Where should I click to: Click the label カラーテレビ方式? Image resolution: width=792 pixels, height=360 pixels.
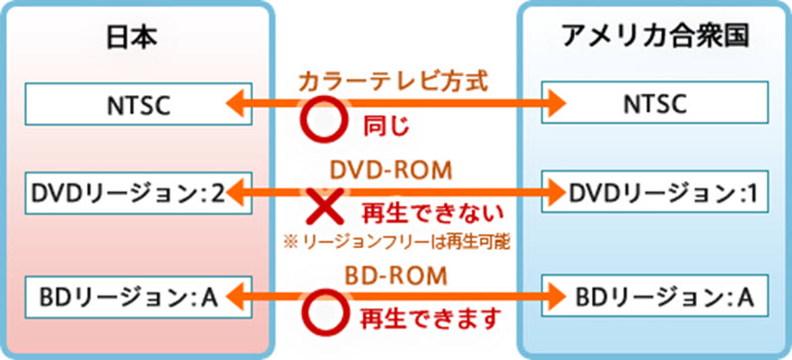click(395, 80)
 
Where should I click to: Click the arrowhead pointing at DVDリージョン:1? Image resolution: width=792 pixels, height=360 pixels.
click(553, 189)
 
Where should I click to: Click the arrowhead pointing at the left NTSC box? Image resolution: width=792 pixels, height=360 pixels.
click(236, 102)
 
